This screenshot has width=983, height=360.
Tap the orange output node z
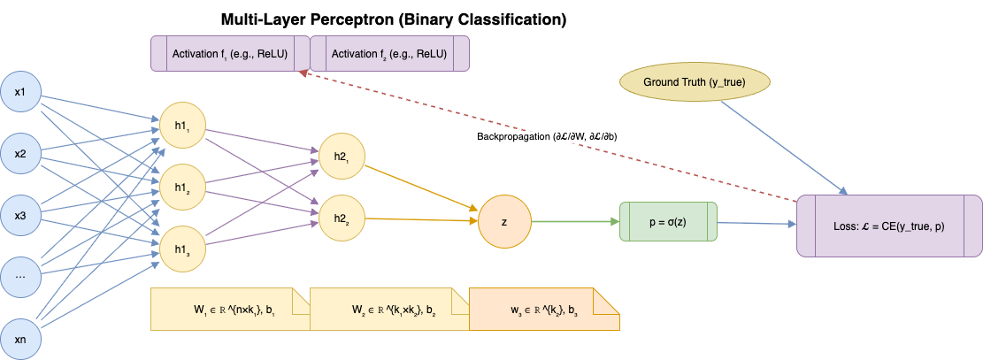click(x=504, y=221)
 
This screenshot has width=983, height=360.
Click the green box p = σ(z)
click(x=668, y=221)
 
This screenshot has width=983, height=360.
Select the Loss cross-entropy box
click(x=889, y=226)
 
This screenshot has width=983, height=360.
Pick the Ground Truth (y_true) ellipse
click(x=694, y=82)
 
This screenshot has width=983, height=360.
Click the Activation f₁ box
click(x=230, y=53)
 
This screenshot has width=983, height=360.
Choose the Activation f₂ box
click(x=389, y=53)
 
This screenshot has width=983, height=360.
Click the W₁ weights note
click(x=230, y=310)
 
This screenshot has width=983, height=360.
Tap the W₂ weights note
click(x=389, y=310)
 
